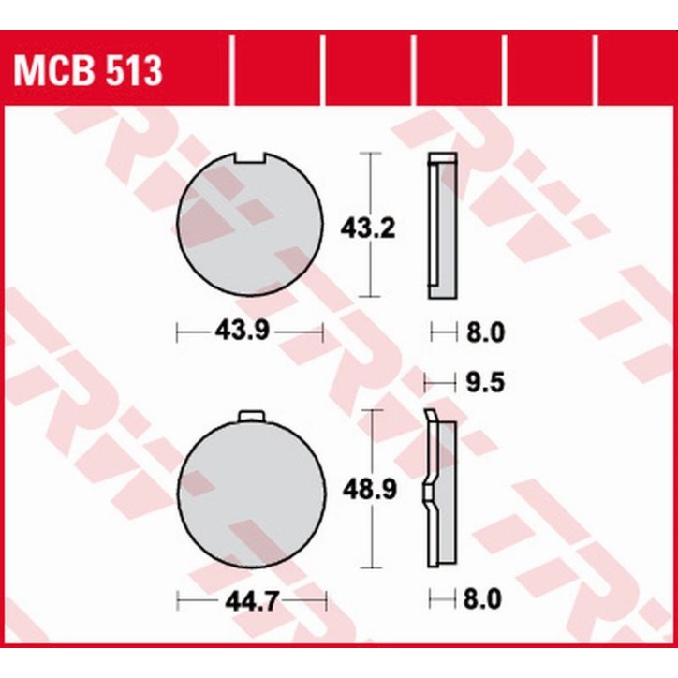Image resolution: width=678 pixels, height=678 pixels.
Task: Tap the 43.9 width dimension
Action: tap(248, 331)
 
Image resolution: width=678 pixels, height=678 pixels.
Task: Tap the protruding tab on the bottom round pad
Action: tap(252, 417)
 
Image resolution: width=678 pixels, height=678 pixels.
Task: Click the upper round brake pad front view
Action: tap(248, 226)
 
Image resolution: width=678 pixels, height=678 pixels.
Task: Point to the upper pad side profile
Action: tap(443, 226)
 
